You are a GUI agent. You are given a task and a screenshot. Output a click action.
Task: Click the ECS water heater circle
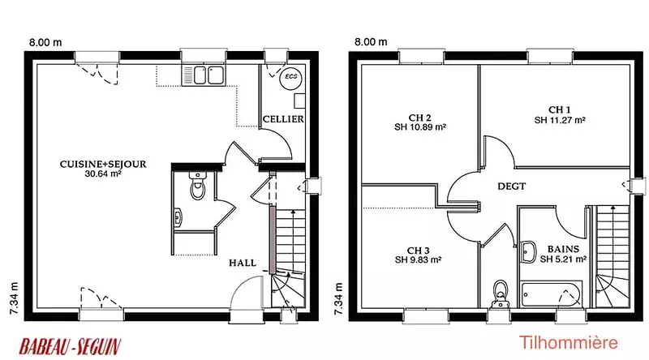pos(291,77)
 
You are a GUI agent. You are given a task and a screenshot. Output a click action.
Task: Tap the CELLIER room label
pos(283,119)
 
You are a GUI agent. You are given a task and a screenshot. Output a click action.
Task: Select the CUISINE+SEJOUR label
pos(103,165)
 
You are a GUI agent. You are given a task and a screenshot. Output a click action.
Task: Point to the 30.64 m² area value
pos(103,174)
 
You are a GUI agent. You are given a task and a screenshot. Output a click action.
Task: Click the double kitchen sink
pos(204,75)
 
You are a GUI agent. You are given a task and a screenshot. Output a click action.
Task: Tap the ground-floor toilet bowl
pos(197,187)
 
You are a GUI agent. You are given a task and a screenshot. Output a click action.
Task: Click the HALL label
pos(243,263)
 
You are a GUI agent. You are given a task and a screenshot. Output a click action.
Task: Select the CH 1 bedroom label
pos(560,109)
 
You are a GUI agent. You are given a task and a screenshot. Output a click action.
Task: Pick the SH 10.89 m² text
pos(419,127)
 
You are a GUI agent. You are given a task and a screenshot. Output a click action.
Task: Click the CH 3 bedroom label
pos(418,251)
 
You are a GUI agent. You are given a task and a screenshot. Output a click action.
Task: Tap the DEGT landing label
pos(512,186)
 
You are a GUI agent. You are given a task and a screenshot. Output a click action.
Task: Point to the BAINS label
pos(563,249)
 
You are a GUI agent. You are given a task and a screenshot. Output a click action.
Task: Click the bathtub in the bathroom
pos(552,294)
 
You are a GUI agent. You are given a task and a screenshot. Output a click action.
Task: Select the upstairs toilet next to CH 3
pos(500,294)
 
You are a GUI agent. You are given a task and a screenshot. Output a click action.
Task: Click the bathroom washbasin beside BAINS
pos(528,252)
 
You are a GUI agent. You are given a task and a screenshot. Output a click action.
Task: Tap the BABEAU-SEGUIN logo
pos(71,346)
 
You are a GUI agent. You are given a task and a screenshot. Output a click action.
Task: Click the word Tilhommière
pos(569,343)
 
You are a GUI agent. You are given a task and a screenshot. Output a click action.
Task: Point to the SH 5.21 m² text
pos(563,259)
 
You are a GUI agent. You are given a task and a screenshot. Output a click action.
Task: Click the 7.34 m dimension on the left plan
pos(14,298)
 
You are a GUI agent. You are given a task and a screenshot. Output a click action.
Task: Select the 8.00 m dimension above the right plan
pos(371,42)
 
